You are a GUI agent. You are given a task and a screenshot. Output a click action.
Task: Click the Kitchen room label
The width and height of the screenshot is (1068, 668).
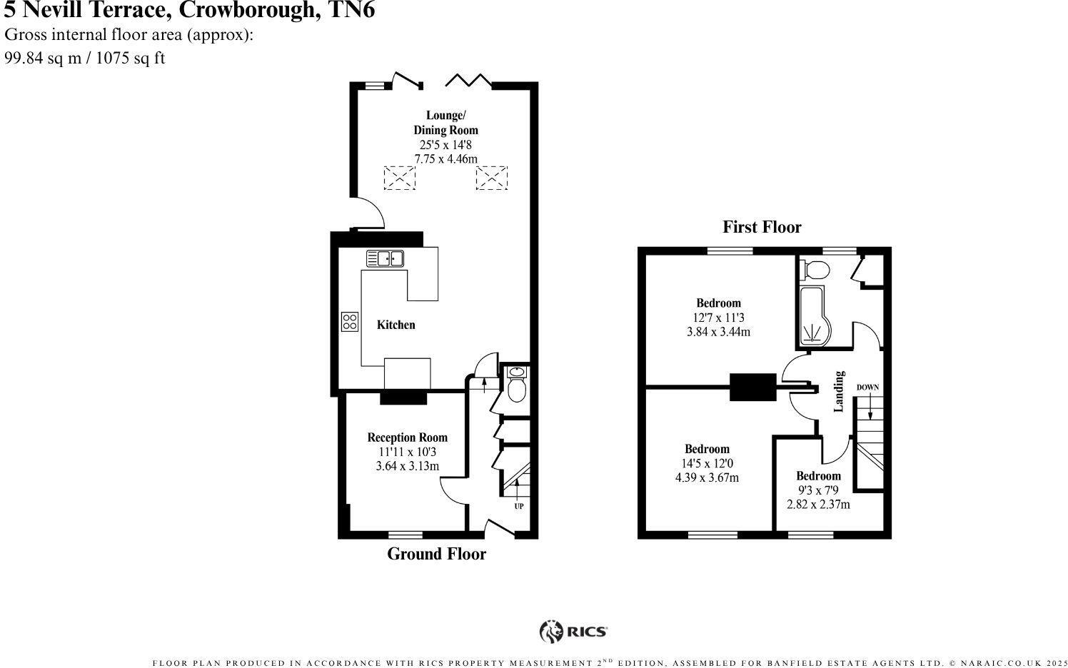click(x=396, y=325)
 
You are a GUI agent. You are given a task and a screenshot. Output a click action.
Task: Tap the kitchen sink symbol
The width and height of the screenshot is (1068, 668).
click(x=385, y=258)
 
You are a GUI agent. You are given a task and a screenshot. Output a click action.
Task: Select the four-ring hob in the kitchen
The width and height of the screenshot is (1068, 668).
click(x=349, y=321)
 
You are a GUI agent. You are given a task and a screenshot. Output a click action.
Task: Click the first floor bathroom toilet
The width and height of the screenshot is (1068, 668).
click(x=816, y=270)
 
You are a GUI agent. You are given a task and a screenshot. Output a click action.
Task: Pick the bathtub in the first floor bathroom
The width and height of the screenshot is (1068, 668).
click(x=816, y=316)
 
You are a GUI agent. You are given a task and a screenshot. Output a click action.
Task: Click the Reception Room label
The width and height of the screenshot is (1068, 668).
click(x=407, y=437)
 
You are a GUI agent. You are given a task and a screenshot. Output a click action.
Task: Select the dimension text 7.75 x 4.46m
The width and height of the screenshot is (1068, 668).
click(x=445, y=158)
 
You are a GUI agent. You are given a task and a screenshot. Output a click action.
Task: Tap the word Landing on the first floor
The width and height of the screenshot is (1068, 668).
click(x=840, y=391)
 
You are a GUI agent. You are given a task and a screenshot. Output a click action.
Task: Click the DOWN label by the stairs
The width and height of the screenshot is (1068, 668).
click(x=867, y=388)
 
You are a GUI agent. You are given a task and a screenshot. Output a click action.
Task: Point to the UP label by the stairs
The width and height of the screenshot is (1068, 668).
click(x=518, y=507)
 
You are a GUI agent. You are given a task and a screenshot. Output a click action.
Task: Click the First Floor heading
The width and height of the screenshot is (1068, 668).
click(x=762, y=227)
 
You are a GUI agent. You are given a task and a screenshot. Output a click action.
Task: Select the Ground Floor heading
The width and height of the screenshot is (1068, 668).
click(x=436, y=554)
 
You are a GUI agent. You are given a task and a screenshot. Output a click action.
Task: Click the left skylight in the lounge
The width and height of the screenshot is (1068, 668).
click(x=399, y=178)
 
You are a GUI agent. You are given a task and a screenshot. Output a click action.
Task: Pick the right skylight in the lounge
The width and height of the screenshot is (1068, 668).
click(x=491, y=178)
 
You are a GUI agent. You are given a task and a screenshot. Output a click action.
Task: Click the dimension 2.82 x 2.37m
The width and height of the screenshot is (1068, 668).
click(x=818, y=505)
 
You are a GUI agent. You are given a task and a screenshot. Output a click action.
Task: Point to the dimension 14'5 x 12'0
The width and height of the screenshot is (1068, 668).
click(x=706, y=463)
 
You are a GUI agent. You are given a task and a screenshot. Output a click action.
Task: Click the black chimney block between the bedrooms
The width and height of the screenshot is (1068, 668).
click(x=752, y=387)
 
